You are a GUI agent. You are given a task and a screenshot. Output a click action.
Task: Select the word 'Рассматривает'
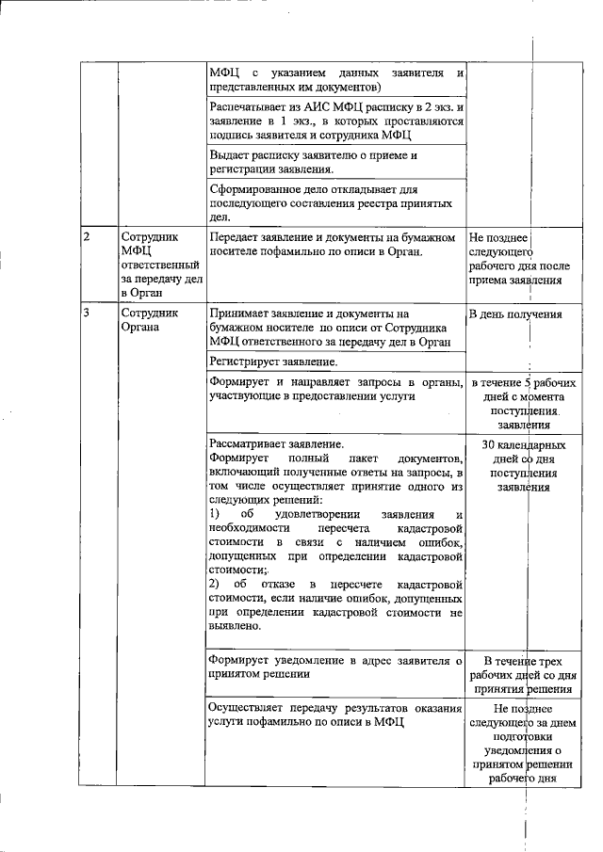248,444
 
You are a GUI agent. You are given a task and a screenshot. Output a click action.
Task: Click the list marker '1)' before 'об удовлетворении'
214,515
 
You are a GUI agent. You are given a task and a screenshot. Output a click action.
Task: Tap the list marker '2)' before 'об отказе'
214,585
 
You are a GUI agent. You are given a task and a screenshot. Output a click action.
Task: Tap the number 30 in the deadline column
489,444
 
